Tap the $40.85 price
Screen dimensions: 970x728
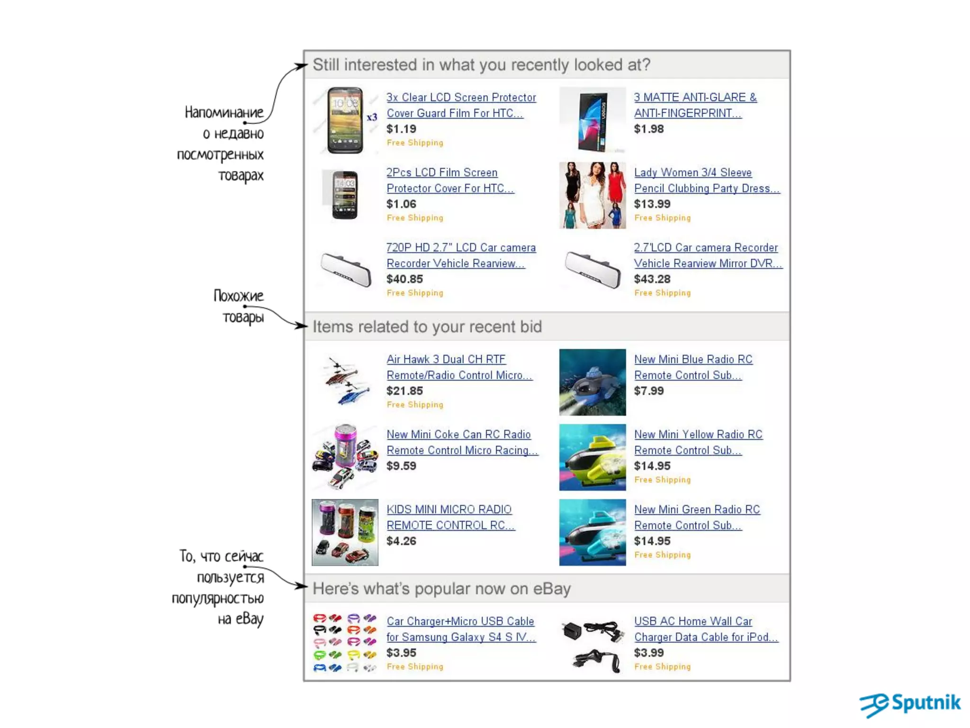tap(404, 279)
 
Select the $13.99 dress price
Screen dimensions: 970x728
tap(652, 204)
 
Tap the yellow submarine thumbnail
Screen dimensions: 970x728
tap(592, 457)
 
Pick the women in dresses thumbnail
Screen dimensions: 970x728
tap(592, 195)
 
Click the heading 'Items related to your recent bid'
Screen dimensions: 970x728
tap(427, 327)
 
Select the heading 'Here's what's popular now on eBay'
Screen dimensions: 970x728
tap(441, 589)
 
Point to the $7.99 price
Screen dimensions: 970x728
tap(649, 391)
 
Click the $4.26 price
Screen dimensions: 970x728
tap(401, 541)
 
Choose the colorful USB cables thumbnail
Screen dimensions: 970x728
tap(345, 643)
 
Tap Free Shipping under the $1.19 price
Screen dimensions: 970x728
tap(415, 143)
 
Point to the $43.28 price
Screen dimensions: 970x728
tap(652, 279)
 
